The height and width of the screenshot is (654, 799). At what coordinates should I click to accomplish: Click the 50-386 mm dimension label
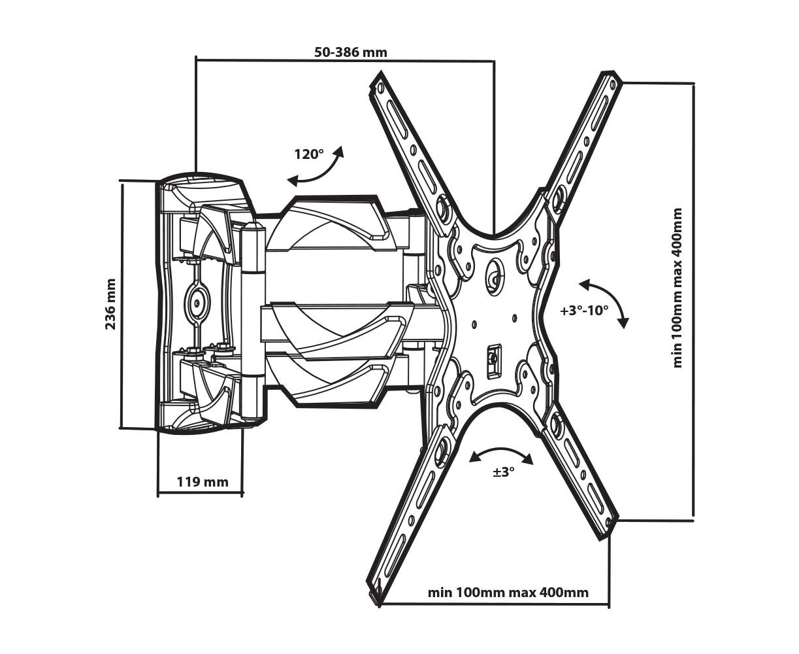pos(350,52)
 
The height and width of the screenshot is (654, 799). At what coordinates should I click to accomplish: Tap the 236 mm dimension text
pos(110,304)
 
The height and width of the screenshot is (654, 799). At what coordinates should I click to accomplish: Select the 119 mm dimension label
pos(203,482)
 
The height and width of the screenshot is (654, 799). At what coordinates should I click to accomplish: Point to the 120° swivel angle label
pos(309,154)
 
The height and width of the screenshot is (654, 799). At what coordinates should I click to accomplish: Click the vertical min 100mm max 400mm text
pos(677,288)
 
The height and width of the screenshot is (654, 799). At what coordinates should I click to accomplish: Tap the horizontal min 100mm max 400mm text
pos(508,593)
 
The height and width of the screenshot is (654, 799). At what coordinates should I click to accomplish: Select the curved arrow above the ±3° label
pos(501,454)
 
